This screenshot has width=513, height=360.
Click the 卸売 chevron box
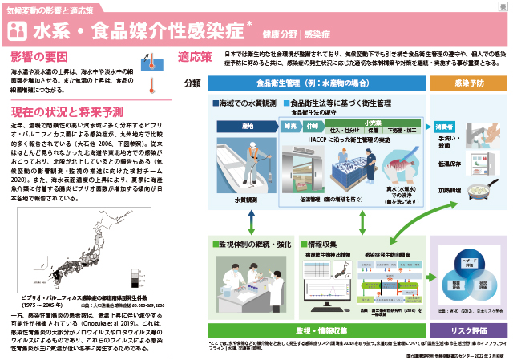point(291,127)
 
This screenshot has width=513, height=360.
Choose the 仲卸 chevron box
point(313,127)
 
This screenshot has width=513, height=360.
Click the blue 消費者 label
point(446,127)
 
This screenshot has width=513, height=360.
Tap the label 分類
point(192,83)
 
